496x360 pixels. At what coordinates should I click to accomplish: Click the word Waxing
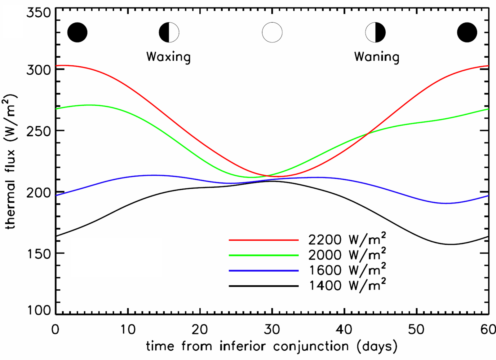coord(168,57)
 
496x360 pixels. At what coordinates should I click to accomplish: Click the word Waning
coord(377,57)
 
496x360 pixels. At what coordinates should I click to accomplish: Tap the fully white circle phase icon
coord(272,32)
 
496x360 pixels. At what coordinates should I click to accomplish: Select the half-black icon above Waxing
coord(169,32)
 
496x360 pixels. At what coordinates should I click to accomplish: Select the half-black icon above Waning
coord(375,32)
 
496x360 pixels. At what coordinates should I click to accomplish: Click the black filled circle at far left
coord(77,32)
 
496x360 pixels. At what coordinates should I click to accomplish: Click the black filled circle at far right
coord(467,32)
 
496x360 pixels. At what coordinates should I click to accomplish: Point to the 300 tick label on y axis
coord(38,70)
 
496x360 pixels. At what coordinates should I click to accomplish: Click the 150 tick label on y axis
coord(38,254)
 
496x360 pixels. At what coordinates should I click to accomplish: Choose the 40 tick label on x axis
coord(344,330)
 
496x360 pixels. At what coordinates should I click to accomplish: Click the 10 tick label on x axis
coord(128,330)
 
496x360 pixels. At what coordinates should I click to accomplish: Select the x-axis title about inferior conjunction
coord(272,346)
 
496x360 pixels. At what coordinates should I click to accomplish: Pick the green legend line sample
coord(263,255)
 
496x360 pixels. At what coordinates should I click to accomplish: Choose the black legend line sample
coord(263,286)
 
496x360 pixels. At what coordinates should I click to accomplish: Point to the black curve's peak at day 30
coord(272,181)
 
